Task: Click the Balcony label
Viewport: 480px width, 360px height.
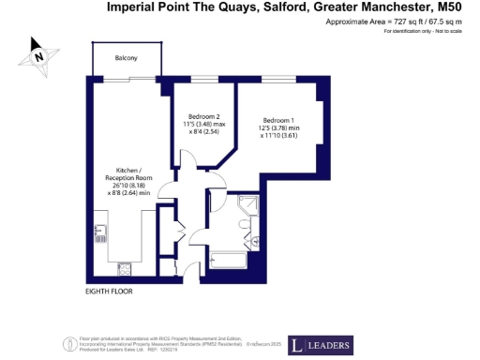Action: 127,58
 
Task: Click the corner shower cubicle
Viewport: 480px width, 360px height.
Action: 252,208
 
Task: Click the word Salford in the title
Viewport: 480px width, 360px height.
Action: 269,7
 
